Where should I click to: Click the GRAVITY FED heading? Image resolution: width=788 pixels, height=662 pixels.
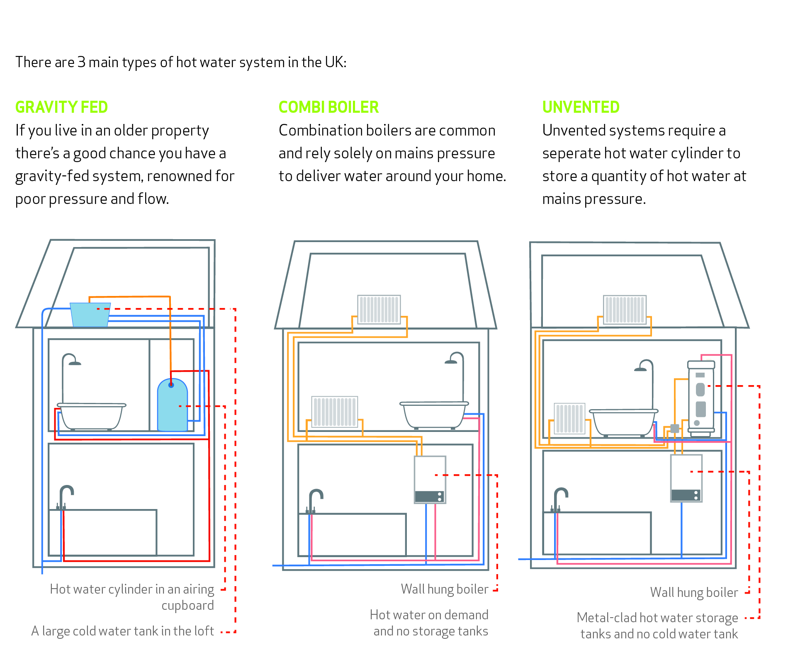(61, 107)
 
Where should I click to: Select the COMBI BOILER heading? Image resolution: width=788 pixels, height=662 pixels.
(328, 107)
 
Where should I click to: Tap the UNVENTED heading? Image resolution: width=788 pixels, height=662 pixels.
(581, 107)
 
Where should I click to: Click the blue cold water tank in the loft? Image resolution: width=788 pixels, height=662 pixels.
(90, 315)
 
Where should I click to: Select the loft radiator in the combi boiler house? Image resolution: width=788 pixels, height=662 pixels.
(379, 309)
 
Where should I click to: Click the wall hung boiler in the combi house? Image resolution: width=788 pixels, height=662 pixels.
(430, 480)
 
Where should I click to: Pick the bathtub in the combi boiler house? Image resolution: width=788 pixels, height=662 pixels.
(434, 415)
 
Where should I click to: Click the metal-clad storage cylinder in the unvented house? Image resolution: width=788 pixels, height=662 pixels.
(701, 398)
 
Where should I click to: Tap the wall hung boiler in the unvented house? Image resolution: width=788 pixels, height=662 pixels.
(686, 478)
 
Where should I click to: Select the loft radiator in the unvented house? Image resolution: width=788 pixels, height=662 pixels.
(625, 310)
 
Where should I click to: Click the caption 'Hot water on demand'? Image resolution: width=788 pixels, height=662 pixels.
(429, 615)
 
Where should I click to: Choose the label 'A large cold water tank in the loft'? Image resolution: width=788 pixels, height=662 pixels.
(122, 631)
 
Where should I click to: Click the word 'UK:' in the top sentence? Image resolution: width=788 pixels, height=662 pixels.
(336, 62)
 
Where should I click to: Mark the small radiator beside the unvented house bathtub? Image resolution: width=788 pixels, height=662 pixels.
(569, 418)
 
